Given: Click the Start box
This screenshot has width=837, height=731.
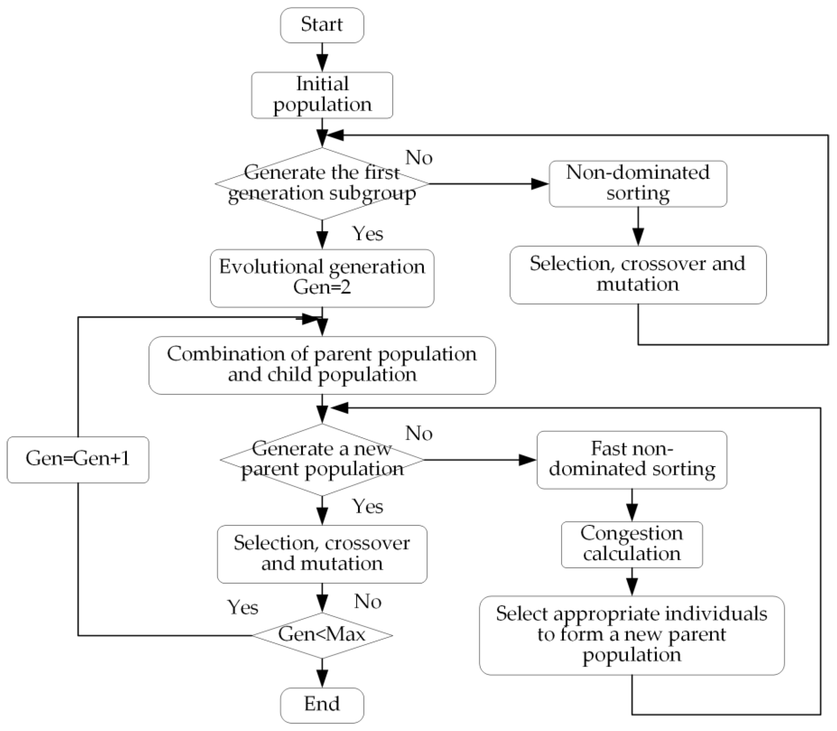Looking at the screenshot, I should tap(322, 25).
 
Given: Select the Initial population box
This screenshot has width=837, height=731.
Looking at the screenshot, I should tap(322, 95).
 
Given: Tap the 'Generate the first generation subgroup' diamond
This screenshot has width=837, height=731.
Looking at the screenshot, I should tap(322, 184).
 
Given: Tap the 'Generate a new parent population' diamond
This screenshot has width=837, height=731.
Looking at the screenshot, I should tap(322, 460).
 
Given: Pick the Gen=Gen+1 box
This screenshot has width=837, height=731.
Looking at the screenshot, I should tap(78, 459).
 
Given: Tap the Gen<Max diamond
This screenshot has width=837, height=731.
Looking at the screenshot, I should tap(322, 635).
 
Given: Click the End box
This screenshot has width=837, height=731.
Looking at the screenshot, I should tap(322, 705).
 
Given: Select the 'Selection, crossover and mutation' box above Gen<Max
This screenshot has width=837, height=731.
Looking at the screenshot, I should tap(322, 554).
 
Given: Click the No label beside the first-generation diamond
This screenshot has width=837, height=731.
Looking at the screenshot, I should tap(419, 157).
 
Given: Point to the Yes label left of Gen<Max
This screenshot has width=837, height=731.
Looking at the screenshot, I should tap(243, 607).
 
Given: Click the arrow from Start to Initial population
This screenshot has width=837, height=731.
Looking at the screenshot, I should tap(322, 57).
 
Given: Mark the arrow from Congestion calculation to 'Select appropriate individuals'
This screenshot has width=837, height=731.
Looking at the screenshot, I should tap(632, 582).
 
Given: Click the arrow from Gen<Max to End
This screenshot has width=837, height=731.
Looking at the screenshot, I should tap(322, 673).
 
